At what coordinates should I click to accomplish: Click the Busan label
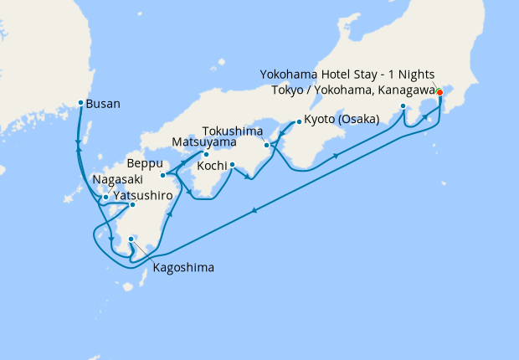(104, 104)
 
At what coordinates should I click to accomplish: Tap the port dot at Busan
(80, 103)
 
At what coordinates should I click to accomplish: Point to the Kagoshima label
(182, 268)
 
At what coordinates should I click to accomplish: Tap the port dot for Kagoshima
(131, 239)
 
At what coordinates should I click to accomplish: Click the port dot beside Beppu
(163, 175)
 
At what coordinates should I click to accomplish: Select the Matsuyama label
(203, 141)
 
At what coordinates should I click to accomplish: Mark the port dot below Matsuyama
(205, 154)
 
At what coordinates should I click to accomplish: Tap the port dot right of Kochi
(232, 164)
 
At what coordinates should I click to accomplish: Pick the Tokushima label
(235, 131)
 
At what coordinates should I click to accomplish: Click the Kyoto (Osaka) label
(342, 119)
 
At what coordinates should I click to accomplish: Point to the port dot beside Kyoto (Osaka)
(298, 121)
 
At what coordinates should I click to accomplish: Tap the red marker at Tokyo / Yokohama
(439, 92)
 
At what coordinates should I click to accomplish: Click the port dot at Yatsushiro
(132, 204)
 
